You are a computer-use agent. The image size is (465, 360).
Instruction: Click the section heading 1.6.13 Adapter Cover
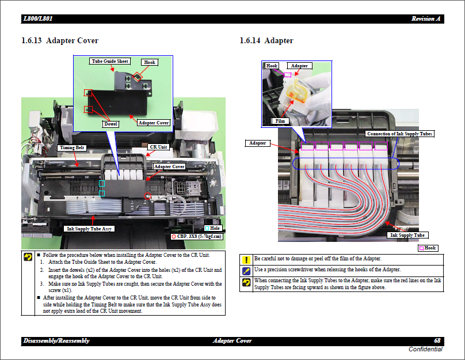(60, 41)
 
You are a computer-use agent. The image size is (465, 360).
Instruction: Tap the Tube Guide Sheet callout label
(110, 61)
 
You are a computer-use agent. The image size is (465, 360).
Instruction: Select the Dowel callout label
(110, 124)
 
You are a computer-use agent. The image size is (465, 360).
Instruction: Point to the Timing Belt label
(73, 147)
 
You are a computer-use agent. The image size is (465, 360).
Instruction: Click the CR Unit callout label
(158, 147)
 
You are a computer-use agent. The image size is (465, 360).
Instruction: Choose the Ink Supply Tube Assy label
(89, 229)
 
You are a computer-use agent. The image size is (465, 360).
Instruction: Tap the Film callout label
(280, 121)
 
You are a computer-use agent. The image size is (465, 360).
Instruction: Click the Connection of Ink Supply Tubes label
(399, 134)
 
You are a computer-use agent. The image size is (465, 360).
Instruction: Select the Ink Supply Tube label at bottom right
(407, 235)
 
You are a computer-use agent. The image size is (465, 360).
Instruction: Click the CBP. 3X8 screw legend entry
(197, 236)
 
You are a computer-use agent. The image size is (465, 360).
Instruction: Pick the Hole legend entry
(212, 229)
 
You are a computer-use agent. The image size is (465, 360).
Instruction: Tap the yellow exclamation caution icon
(246, 260)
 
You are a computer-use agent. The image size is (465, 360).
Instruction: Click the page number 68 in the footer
(437, 341)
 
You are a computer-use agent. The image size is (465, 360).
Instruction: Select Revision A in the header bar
(426, 19)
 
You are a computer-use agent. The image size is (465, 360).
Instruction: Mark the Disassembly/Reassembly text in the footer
(56, 341)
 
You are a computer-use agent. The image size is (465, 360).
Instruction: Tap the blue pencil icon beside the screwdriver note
(246, 270)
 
